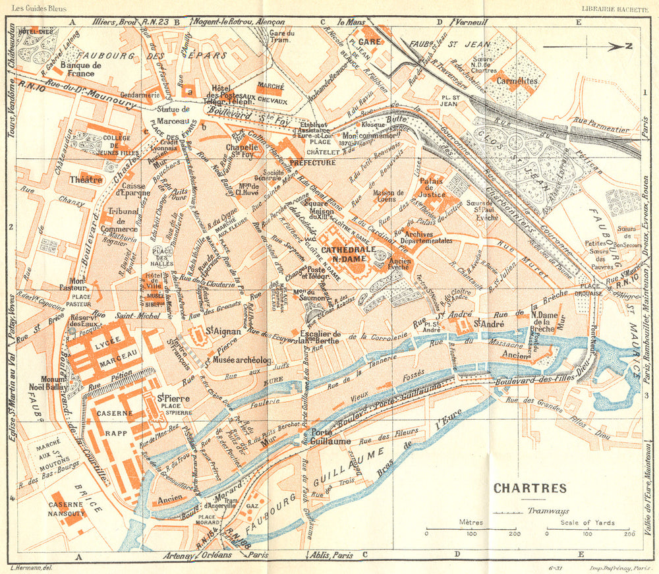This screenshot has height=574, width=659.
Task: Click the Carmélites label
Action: point(519,81)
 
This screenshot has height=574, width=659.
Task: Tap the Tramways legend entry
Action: point(548,511)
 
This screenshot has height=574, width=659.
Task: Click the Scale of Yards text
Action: point(588,523)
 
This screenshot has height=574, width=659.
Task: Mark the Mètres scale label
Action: point(471,523)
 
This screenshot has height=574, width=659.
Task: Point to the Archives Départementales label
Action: point(428,237)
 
